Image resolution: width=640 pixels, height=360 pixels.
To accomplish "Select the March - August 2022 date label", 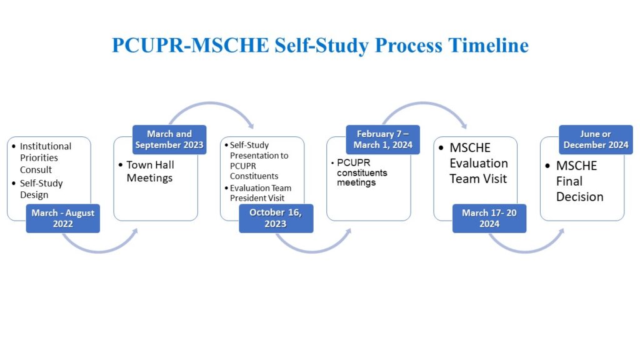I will point(62,219).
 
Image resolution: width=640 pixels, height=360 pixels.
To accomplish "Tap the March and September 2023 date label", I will point(169,139).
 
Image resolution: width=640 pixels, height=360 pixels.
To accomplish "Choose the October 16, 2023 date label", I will point(276,218).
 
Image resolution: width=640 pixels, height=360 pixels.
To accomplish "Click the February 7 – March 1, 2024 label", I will point(382,139).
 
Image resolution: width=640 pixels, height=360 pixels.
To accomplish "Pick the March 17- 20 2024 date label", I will point(489,218).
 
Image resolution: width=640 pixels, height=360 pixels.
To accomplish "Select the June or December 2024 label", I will point(596,139).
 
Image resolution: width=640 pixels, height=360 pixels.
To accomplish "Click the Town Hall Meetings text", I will point(150,171).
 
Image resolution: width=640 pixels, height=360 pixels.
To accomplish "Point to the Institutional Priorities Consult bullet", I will point(46,157).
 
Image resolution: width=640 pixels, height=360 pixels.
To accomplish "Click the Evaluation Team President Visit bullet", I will point(260,192).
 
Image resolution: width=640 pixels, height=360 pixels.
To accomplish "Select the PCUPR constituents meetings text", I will point(362,172).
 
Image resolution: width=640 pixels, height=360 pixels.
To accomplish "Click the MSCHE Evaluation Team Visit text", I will point(479,163).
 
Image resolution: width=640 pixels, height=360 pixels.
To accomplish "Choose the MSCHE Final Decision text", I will point(580,181).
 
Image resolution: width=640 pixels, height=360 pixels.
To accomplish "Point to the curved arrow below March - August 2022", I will point(100,249).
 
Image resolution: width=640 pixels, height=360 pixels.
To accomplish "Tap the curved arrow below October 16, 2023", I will point(312,249).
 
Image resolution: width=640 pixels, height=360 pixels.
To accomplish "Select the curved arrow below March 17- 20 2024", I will point(525,249).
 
